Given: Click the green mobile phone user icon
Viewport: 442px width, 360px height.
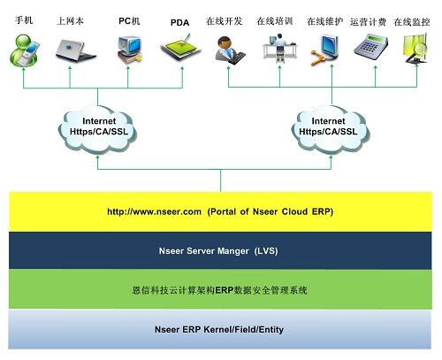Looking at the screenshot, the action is click(x=24, y=50).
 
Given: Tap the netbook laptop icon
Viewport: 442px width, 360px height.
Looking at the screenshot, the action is click(x=75, y=50).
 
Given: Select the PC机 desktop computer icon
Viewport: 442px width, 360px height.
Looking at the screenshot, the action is click(x=130, y=50).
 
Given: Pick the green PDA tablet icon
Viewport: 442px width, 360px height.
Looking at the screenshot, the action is click(x=180, y=48).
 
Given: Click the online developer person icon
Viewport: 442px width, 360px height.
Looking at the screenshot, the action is click(x=230, y=50).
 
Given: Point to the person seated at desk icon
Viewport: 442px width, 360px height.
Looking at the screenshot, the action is click(x=279, y=48).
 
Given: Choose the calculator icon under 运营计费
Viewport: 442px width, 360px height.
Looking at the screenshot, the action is click(x=370, y=47).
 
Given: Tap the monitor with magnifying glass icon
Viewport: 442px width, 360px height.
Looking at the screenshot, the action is click(x=415, y=49).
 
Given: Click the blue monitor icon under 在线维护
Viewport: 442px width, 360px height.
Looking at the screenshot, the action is click(x=325, y=50).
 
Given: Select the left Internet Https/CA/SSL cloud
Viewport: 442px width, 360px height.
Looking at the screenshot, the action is click(x=98, y=130).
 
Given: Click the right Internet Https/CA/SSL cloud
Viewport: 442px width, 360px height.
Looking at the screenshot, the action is click(x=331, y=130).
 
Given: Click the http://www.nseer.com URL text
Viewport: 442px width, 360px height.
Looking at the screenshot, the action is click(x=154, y=211).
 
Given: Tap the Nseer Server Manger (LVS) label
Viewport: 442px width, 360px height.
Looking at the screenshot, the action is click(x=218, y=251).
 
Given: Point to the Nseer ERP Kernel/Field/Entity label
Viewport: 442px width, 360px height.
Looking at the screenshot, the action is click(x=219, y=329).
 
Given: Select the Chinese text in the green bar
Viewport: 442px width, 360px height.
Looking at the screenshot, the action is click(x=220, y=290).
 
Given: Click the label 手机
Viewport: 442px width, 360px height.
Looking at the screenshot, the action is click(x=24, y=20).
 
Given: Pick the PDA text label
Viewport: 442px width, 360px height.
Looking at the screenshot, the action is click(x=179, y=23).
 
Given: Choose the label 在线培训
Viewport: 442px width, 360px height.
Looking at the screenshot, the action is click(x=275, y=21).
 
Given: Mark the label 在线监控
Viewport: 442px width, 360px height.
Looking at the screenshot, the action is click(x=412, y=22).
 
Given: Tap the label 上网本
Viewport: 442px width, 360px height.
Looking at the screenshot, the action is click(x=70, y=21).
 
